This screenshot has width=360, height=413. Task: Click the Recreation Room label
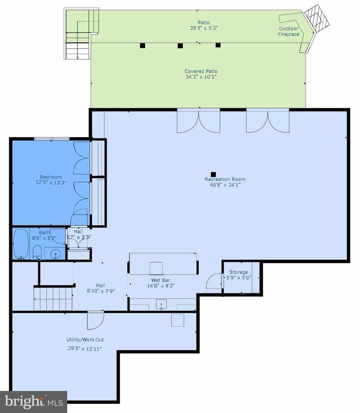click(x=225, y=179)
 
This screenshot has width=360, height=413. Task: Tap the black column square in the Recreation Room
click(x=214, y=174)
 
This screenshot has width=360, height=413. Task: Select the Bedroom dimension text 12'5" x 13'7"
click(x=51, y=182)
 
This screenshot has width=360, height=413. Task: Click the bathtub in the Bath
click(x=21, y=244)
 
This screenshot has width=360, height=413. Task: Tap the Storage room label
click(x=238, y=272)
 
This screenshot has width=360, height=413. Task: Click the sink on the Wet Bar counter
click(x=162, y=305)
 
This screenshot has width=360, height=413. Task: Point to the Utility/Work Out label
click(x=85, y=340)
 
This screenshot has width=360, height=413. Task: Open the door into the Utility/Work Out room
click(x=96, y=320)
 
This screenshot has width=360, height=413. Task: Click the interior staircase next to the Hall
click(x=54, y=298)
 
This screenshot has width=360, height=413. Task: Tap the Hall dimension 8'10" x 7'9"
click(x=101, y=291)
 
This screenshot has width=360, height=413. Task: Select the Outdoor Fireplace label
click(x=289, y=31)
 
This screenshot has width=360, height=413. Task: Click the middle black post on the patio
click(x=180, y=46)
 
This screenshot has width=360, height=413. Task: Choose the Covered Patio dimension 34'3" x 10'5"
click(x=201, y=76)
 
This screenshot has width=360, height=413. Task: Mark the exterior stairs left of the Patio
click(x=78, y=34)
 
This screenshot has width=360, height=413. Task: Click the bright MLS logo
click(x=33, y=402)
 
